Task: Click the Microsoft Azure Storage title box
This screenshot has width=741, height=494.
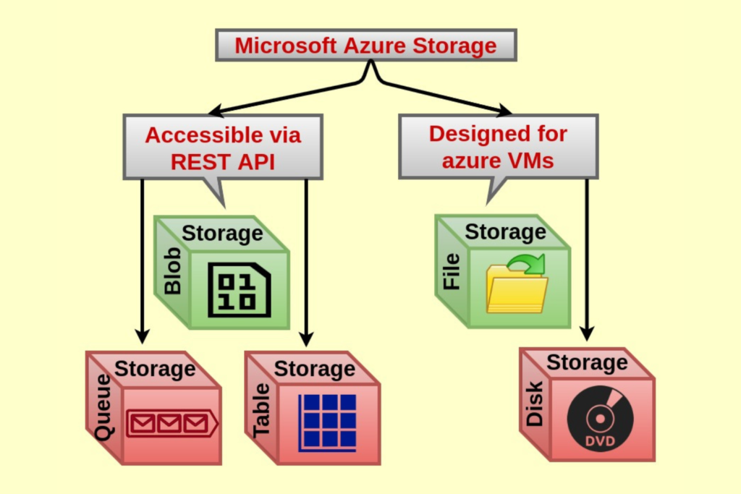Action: [x=365, y=46]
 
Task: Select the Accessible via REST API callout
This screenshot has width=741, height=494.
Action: [x=223, y=147]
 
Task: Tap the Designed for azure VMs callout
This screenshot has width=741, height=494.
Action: [x=498, y=146]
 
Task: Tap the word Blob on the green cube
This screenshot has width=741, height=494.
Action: [x=173, y=271]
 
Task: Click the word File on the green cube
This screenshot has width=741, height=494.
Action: [x=452, y=271]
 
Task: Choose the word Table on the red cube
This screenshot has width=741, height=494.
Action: [x=262, y=410]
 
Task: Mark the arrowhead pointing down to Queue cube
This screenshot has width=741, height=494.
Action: [x=142, y=336]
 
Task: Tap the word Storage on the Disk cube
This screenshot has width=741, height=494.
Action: [x=587, y=362]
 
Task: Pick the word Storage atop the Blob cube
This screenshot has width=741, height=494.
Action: [x=222, y=233]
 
